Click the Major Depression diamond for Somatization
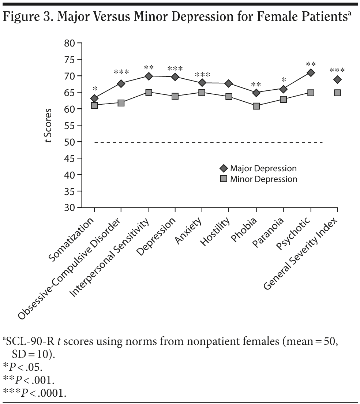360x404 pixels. pyautogui.click(x=94, y=98)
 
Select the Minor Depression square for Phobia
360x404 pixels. pyautogui.click(x=256, y=106)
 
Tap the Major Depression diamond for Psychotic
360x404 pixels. pyautogui.click(x=311, y=73)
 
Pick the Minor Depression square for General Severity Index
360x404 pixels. pyautogui.click(x=337, y=93)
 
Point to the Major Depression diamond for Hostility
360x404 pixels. pyautogui.click(x=229, y=84)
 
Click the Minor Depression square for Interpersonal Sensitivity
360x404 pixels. pyautogui.click(x=149, y=93)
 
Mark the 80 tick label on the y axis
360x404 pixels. pyautogui.click(x=70, y=43)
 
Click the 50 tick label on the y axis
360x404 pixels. pyautogui.click(x=70, y=142)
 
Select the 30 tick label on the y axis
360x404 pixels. pyautogui.click(x=70, y=207)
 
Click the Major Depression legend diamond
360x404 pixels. pyautogui.click(x=224, y=169)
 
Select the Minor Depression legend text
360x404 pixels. pyautogui.click(x=263, y=179)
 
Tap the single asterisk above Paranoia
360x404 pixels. pyautogui.click(x=283, y=80)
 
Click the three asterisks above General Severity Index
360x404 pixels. pyautogui.click(x=337, y=70)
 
